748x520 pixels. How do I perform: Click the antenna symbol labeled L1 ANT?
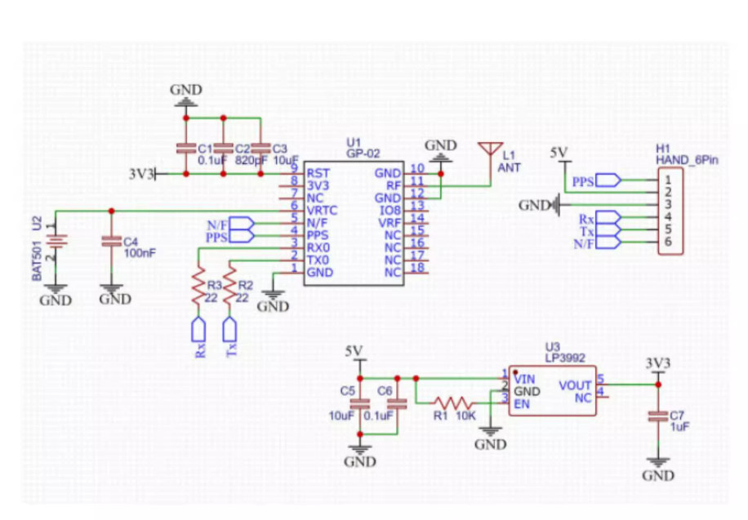(491, 149)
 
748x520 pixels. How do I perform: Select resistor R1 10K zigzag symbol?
(454, 403)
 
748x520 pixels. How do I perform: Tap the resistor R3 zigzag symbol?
(198, 287)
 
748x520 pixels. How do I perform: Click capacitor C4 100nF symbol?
(112, 242)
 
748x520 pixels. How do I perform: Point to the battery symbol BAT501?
(56, 241)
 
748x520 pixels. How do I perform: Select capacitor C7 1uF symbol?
(658, 416)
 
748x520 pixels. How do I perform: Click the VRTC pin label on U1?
(322, 211)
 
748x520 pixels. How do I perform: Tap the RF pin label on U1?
(394, 185)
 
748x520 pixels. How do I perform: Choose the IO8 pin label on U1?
(390, 211)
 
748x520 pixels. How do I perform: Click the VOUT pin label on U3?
(575, 385)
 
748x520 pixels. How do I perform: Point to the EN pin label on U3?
(522, 404)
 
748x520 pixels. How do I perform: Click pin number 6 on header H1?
(668, 242)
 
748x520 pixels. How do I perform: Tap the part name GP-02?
(363, 153)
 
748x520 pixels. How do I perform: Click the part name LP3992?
(565, 358)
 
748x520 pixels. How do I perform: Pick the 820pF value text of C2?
(252, 160)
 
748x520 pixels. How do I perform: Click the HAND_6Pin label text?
(687, 160)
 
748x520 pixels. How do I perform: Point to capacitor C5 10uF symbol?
(360, 404)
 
